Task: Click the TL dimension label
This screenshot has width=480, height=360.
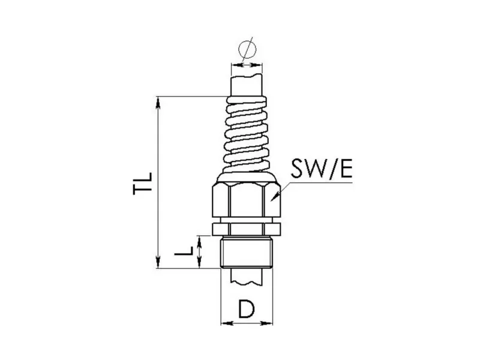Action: pyautogui.click(x=143, y=184)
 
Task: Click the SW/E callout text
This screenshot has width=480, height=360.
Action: pyautogui.click(x=322, y=169)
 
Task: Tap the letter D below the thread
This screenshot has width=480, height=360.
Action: pyautogui.click(x=247, y=309)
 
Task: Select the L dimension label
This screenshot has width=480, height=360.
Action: pyautogui.click(x=184, y=251)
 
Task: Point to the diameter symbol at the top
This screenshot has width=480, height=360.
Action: pyautogui.click(x=247, y=49)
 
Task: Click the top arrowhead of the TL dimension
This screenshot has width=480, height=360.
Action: pyautogui.click(x=158, y=101)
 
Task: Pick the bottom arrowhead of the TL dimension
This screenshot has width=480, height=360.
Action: pyautogui.click(x=158, y=263)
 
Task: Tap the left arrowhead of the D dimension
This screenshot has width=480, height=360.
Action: pyautogui.click(x=227, y=323)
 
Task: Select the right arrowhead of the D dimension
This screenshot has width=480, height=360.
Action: pyautogui.click(x=266, y=323)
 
